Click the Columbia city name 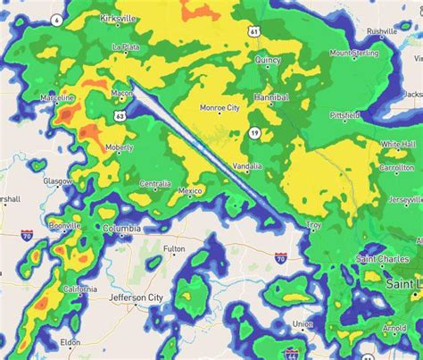click(x=121, y=229)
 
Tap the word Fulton click(x=174, y=249)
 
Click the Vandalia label click(x=246, y=166)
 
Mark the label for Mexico click(x=190, y=190)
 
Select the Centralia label click(x=154, y=185)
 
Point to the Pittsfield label click(x=344, y=115)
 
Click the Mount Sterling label click(x=355, y=53)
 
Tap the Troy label click(x=313, y=225)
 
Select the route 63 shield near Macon click(x=120, y=114)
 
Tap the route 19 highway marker click(x=254, y=133)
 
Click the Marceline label click(x=57, y=97)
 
